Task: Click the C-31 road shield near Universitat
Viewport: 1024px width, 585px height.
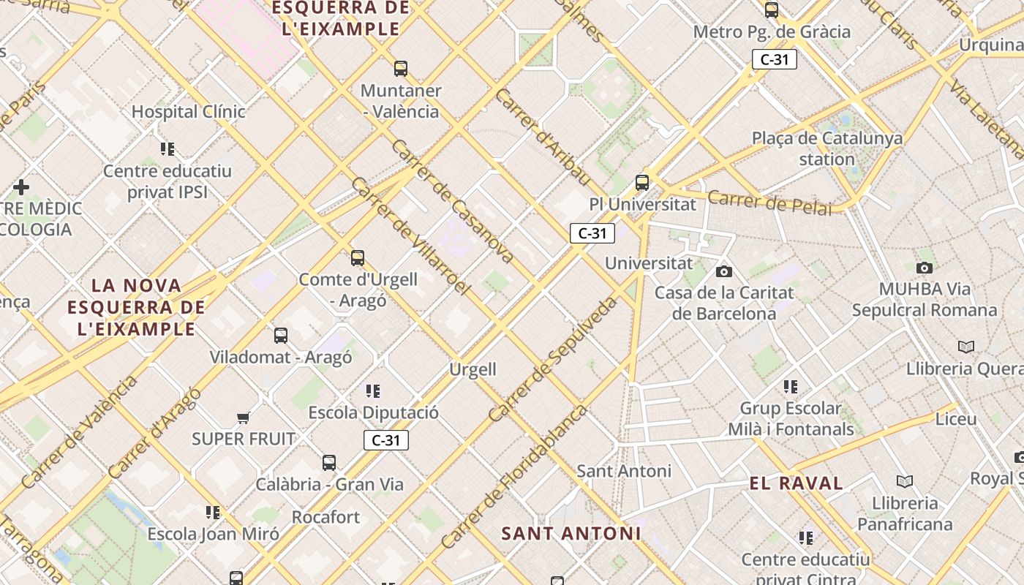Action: tap(592, 233)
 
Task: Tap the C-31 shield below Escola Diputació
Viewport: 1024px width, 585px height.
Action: tap(386, 440)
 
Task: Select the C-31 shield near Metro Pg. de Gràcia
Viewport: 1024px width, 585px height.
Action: tap(775, 59)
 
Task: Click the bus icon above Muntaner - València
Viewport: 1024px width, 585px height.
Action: tap(401, 69)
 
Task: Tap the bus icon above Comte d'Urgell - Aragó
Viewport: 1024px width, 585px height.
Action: tap(358, 257)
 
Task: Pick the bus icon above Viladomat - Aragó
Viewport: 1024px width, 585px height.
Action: tap(281, 336)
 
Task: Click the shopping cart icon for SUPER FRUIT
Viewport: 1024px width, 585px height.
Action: tap(244, 418)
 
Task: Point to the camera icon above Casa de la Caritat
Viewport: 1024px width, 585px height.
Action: tap(724, 271)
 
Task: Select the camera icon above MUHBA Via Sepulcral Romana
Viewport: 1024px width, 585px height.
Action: tap(925, 268)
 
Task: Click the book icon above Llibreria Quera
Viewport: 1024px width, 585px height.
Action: tap(966, 347)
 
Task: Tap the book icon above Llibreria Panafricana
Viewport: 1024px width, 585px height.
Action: tap(905, 481)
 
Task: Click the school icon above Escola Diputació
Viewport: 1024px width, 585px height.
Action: tap(373, 391)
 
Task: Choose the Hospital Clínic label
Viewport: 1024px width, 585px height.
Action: tap(189, 112)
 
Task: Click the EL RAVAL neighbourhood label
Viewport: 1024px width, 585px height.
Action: tap(797, 483)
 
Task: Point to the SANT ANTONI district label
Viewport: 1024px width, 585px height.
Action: tap(571, 533)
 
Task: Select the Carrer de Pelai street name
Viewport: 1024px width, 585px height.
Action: tap(769, 203)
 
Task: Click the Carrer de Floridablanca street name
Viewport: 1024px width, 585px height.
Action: tap(514, 475)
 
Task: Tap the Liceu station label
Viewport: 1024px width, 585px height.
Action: tap(956, 419)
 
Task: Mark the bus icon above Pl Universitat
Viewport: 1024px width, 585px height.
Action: tap(642, 183)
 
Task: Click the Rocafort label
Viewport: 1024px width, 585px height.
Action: tap(326, 517)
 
